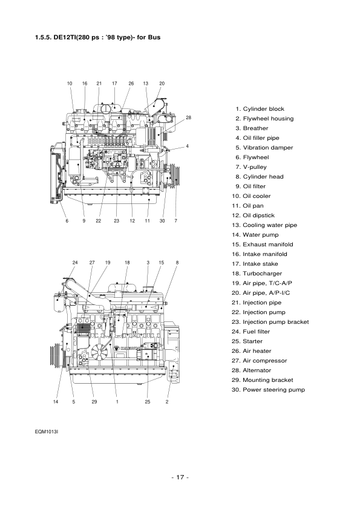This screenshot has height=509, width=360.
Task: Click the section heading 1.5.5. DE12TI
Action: (x=97, y=38)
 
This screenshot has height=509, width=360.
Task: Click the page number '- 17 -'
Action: (x=180, y=478)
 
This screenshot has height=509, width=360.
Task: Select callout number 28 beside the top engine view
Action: (x=188, y=117)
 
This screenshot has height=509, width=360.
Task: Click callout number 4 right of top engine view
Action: (x=188, y=146)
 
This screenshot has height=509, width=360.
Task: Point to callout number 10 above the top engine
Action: (x=69, y=83)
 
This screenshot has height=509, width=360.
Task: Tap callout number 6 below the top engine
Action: (x=67, y=222)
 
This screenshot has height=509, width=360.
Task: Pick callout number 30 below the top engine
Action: (x=162, y=222)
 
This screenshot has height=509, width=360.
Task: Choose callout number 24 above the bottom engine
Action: (x=76, y=262)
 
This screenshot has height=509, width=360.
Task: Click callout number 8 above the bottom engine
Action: (x=177, y=262)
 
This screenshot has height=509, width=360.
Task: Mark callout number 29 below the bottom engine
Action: (x=94, y=401)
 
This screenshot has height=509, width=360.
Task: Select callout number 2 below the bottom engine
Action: (x=167, y=401)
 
